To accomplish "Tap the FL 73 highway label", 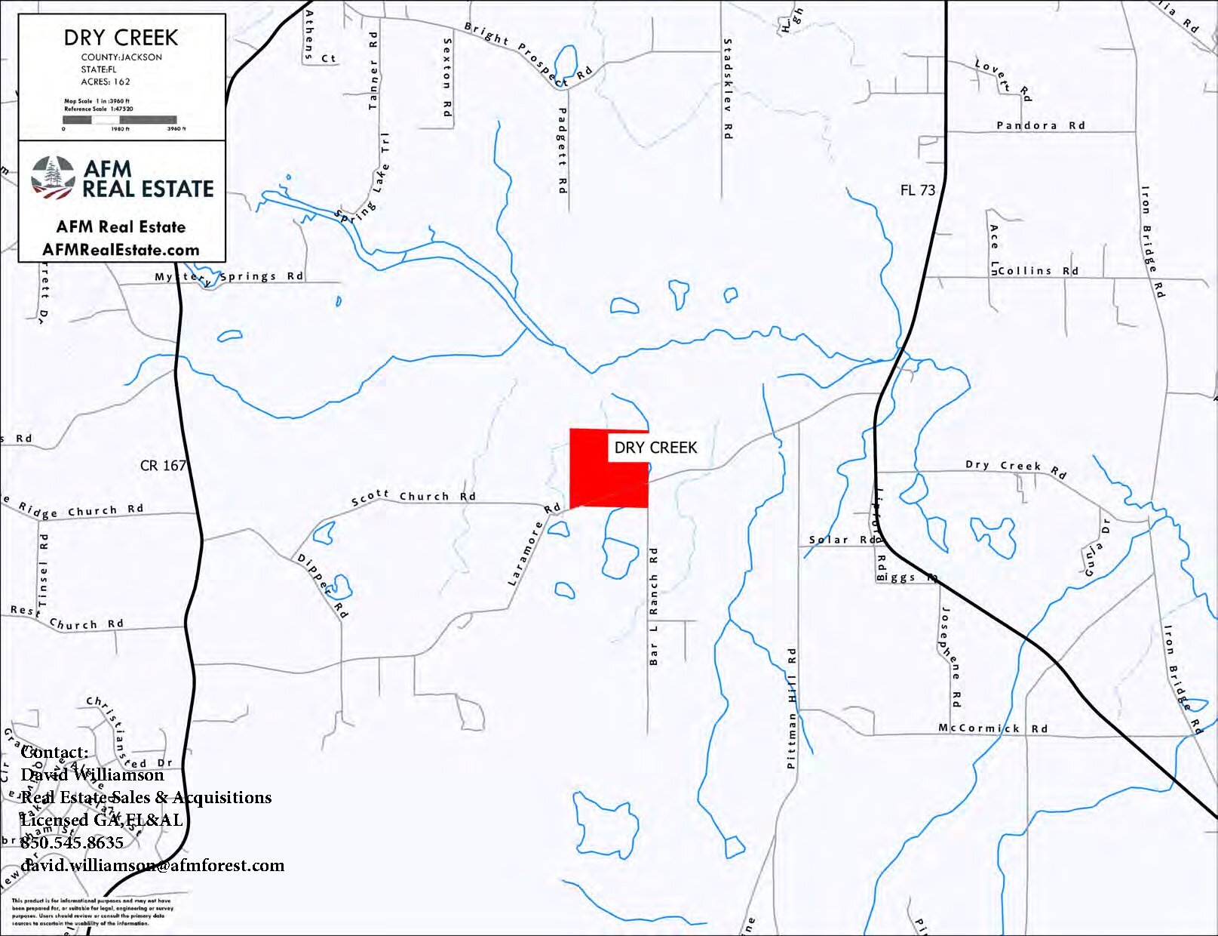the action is click(x=917, y=190).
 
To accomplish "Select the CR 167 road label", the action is click(x=163, y=466).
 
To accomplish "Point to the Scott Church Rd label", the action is click(x=413, y=497).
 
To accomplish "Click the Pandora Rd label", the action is click(x=1040, y=125).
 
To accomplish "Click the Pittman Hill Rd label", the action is click(x=791, y=707).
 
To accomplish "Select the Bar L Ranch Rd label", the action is click(x=654, y=606).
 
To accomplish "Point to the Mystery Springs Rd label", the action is click(x=229, y=277).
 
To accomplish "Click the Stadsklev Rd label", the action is click(x=728, y=88).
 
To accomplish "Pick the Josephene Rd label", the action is click(x=951, y=657).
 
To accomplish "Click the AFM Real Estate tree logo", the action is click(x=53, y=178).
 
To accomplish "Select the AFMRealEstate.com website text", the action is click(x=121, y=250).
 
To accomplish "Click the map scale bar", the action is click(x=119, y=119).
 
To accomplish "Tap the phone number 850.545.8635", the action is click(x=72, y=842).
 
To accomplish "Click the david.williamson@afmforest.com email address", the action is click(x=152, y=865).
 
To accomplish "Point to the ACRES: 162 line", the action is click(x=106, y=82).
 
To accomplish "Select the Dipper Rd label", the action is click(x=323, y=586).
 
